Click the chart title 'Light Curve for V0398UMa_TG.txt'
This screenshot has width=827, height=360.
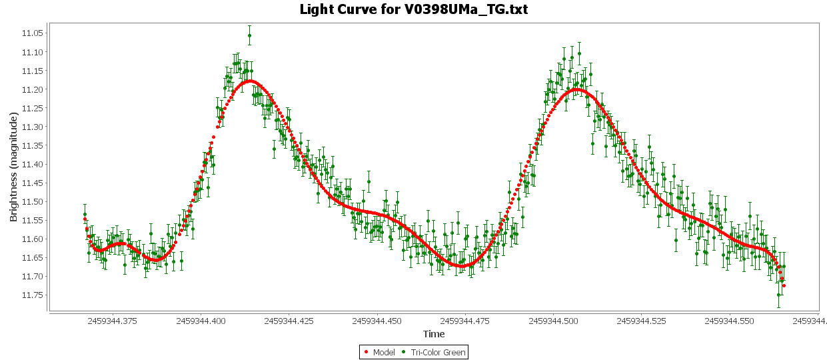[x=413, y=9]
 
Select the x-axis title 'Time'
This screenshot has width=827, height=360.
[x=434, y=334]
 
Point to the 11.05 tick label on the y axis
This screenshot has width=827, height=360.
[x=33, y=33]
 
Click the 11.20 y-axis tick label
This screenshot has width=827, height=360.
[x=33, y=89]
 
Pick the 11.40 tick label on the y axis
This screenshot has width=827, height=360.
[x=33, y=164]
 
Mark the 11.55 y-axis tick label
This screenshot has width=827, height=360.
[x=33, y=220]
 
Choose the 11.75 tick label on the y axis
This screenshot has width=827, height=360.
[x=33, y=295]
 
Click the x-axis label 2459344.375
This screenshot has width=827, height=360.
[x=111, y=321]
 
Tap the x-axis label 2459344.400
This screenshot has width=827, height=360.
[x=200, y=321]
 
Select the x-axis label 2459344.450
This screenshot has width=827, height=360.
[x=377, y=321]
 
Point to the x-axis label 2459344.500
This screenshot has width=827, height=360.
[x=553, y=321]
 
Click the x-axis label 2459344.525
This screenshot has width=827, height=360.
[x=641, y=321]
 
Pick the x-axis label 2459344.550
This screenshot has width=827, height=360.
[x=730, y=321]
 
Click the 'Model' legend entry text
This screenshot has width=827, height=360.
[x=384, y=352]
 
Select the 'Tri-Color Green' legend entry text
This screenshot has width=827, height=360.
[x=438, y=352]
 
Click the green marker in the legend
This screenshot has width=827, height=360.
[x=405, y=352]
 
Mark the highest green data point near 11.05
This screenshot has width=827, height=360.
[x=249, y=35]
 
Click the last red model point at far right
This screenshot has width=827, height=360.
[x=784, y=286]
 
